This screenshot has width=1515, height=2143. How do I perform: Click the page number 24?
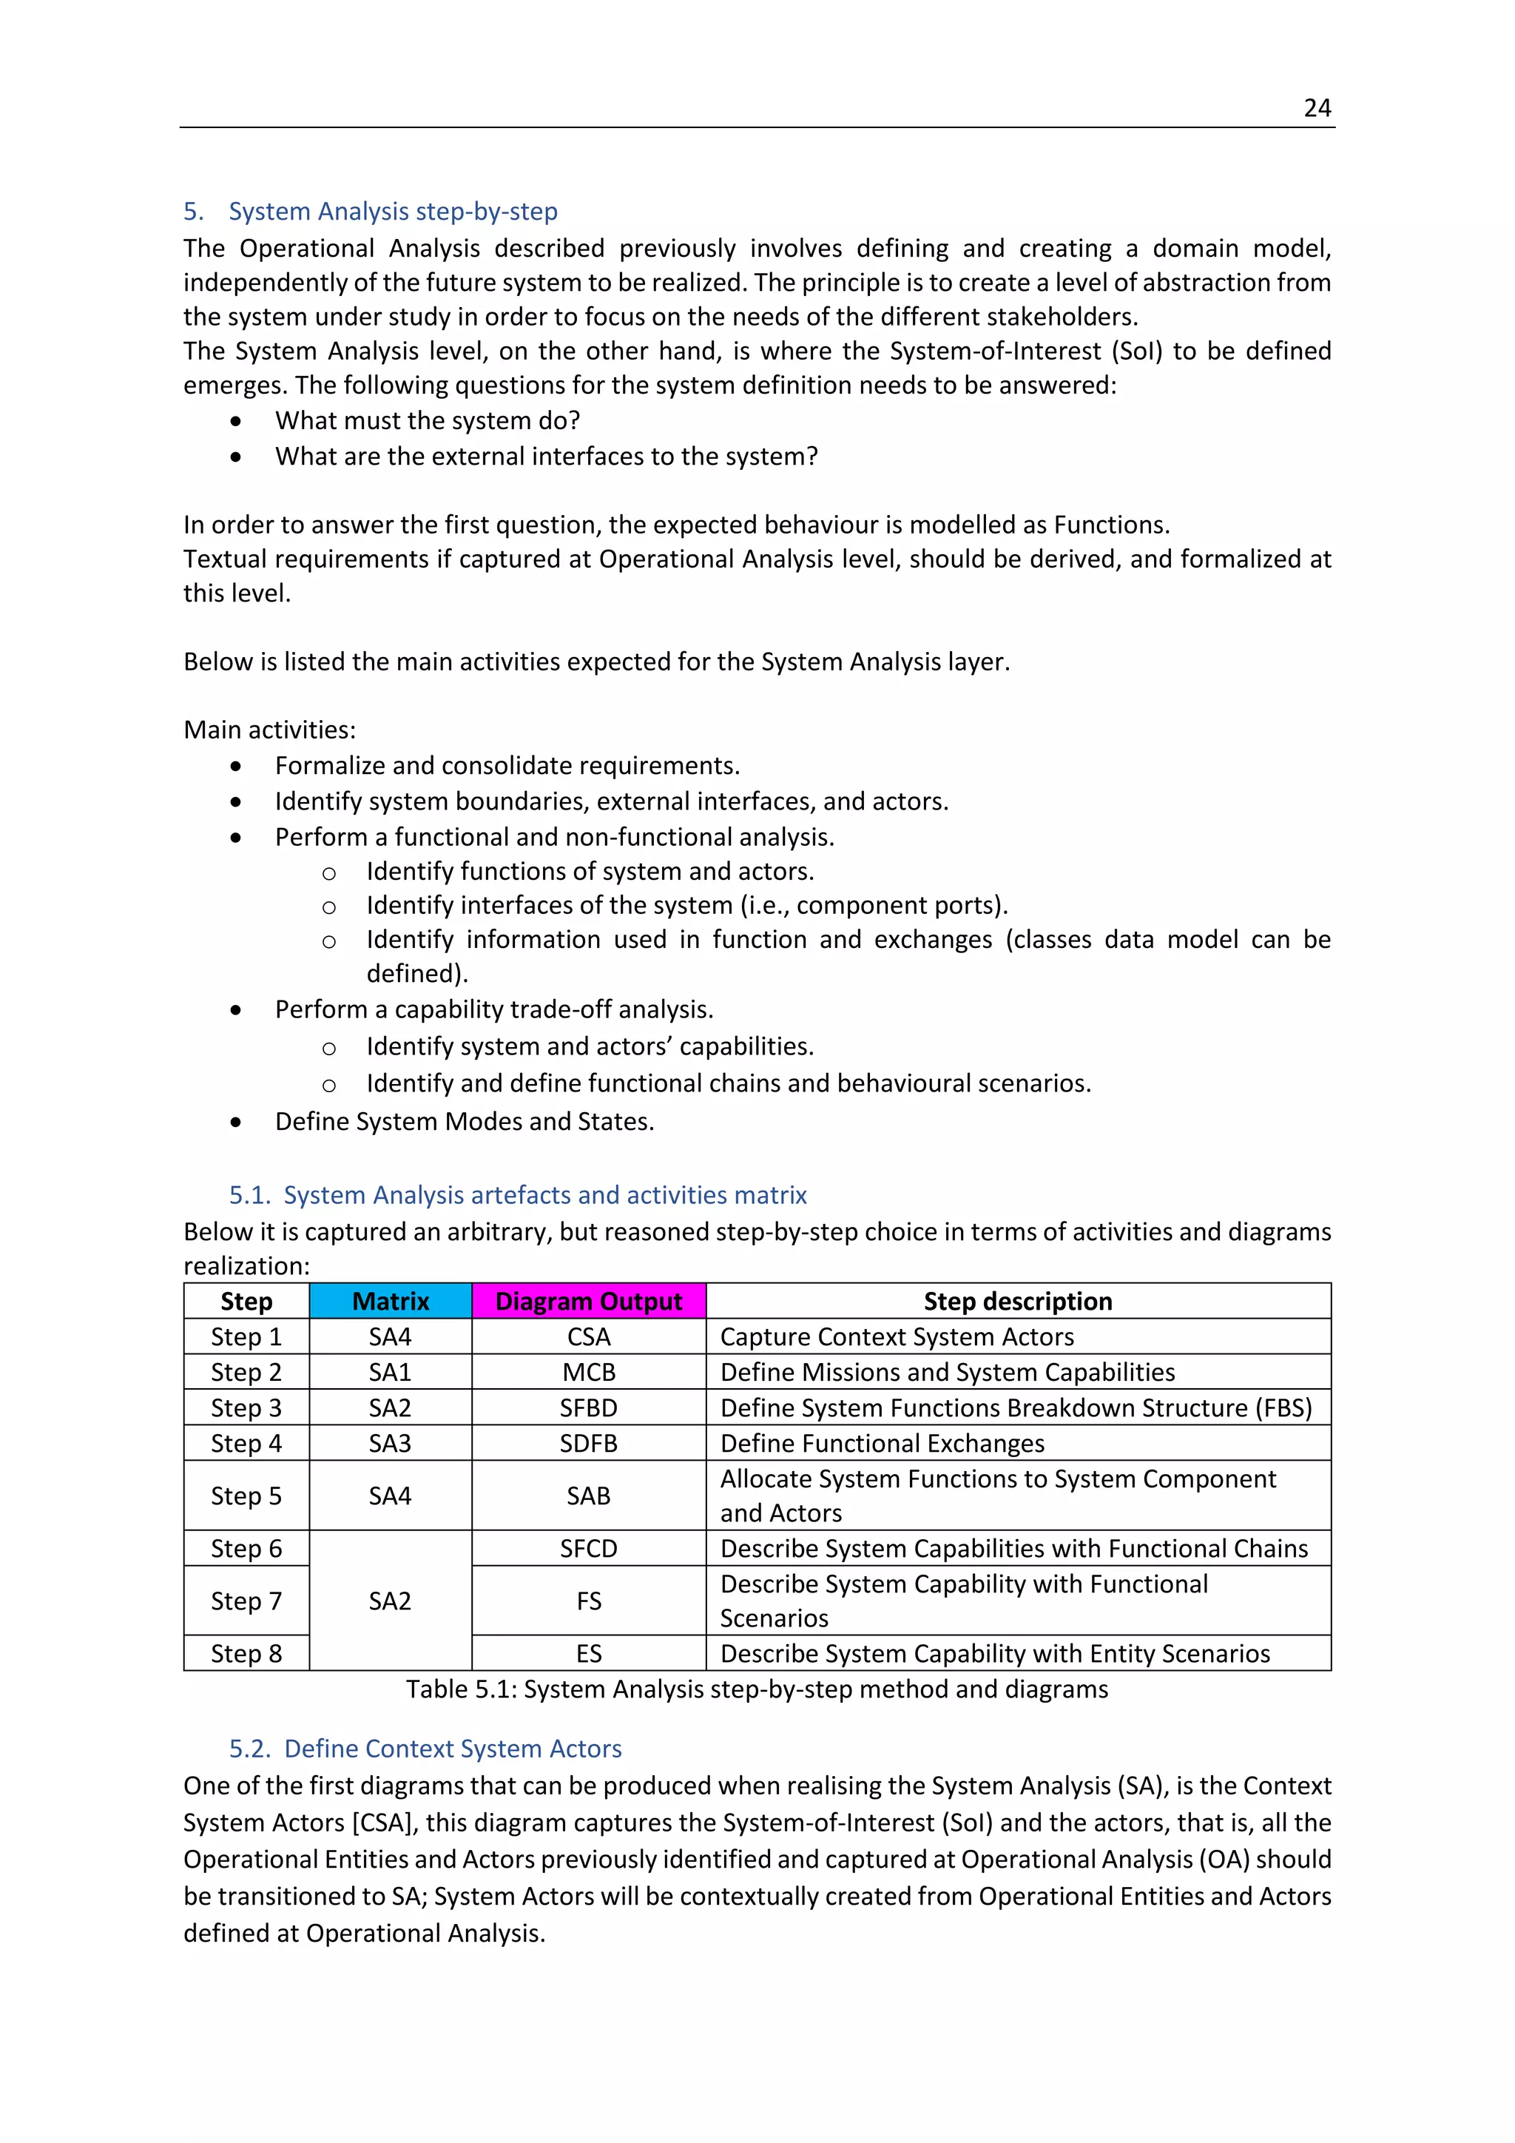(1316, 108)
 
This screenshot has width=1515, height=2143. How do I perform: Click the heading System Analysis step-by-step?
(393, 212)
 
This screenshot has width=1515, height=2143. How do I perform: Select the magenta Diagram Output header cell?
(589, 1301)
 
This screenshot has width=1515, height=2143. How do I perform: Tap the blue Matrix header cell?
(390, 1301)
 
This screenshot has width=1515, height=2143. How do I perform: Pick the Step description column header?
(1018, 1301)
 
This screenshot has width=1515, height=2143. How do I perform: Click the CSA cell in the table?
(589, 1336)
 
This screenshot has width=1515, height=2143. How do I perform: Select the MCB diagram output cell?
(589, 1372)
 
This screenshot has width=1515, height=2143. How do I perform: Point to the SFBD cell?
(589, 1407)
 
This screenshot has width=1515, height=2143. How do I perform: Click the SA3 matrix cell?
(390, 1443)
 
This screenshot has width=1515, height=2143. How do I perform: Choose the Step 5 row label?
(246, 1496)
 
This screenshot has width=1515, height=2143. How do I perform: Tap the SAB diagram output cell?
(589, 1496)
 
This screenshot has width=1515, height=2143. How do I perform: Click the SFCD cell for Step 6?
(589, 1549)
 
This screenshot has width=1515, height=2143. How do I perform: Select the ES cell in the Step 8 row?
(589, 1654)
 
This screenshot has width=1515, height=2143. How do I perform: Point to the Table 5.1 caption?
(757, 1689)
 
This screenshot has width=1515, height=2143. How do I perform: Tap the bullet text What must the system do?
(428, 421)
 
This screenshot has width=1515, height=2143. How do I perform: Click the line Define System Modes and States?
(465, 1121)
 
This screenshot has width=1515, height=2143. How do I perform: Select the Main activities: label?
(269, 730)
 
